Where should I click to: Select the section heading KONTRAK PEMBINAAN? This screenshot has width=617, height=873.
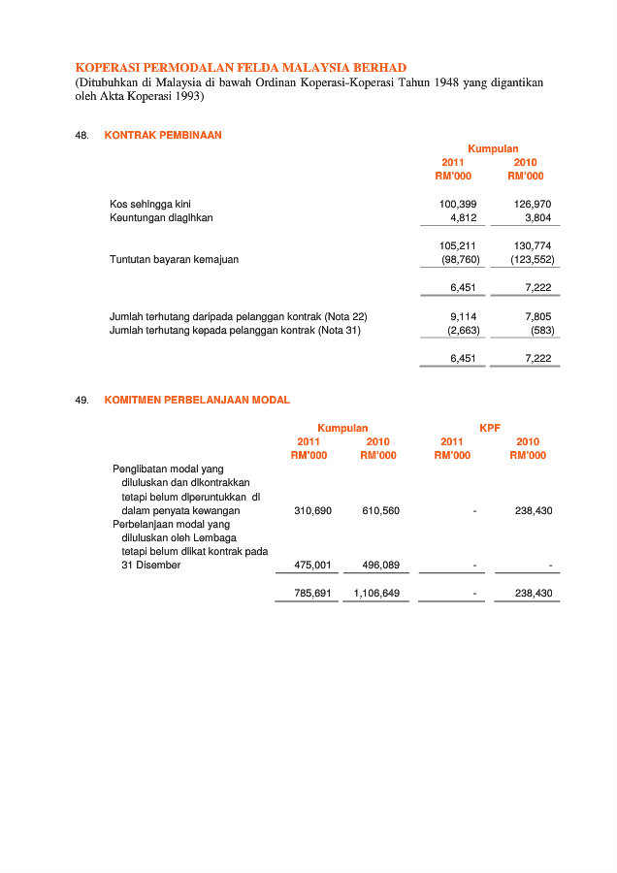(163, 136)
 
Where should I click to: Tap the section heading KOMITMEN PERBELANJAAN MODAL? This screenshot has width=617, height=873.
(197, 400)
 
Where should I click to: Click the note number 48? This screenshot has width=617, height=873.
(81, 136)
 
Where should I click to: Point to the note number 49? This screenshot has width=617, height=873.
(81, 400)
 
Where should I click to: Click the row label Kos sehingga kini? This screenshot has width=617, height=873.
(150, 204)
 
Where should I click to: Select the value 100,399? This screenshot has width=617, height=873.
(458, 204)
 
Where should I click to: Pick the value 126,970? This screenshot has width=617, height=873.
(533, 204)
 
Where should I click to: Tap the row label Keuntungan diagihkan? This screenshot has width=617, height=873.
(161, 217)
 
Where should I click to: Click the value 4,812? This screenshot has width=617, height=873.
(464, 217)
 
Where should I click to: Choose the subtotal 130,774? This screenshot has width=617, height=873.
(533, 246)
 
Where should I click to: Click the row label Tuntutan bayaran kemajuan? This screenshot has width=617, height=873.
(174, 260)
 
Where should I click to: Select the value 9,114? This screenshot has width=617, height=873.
(464, 316)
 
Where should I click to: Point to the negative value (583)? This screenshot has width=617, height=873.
(542, 330)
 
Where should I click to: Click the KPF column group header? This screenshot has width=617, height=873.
(490, 428)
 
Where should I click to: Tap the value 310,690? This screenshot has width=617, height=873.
(313, 510)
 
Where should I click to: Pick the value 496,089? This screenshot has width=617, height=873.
(381, 565)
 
